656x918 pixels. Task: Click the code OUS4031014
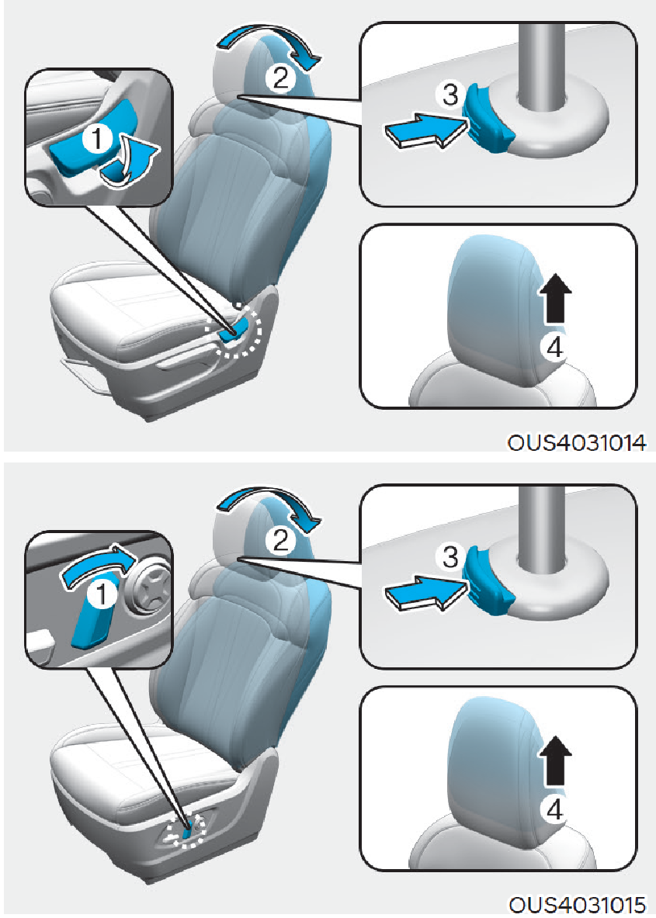pyautogui.click(x=577, y=442)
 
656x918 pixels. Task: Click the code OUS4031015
pyautogui.click(x=577, y=905)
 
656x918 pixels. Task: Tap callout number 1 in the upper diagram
pyautogui.click(x=97, y=139)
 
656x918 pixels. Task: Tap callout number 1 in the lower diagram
pyautogui.click(x=101, y=594)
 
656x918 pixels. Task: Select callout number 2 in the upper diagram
pyautogui.click(x=280, y=78)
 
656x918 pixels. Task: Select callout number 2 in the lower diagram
pyautogui.click(x=280, y=540)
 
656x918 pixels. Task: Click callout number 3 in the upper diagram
pyautogui.click(x=450, y=94)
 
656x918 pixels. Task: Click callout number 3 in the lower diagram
pyautogui.click(x=450, y=556)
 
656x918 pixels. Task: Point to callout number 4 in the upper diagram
pyautogui.click(x=554, y=348)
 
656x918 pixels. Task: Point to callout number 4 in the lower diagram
pyautogui.click(x=554, y=810)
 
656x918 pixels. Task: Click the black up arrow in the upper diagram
pyautogui.click(x=555, y=299)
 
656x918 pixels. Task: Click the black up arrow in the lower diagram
pyautogui.click(x=555, y=760)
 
